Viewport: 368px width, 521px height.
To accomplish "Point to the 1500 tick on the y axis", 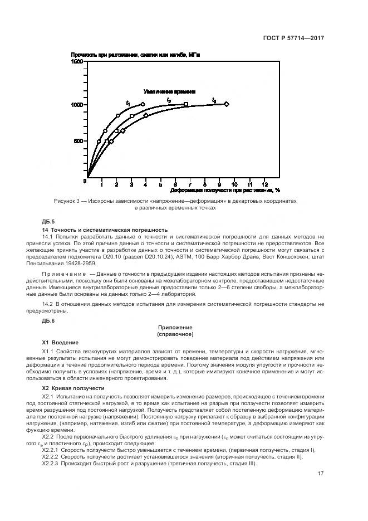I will [x=76, y=62].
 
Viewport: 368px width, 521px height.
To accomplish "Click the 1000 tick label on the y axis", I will [x=76, y=105].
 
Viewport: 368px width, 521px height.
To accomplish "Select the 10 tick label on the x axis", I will [x=234, y=183].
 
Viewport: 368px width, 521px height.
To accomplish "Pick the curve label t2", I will [x=169, y=100].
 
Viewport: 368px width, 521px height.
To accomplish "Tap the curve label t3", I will [x=214, y=100].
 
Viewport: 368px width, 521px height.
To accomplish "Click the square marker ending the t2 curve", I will [x=186, y=104].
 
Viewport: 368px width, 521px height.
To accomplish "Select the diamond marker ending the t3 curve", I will [x=226, y=104].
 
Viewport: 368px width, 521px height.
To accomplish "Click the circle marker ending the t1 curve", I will [x=143, y=104].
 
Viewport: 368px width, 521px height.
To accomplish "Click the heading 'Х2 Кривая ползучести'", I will [x=73, y=387].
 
